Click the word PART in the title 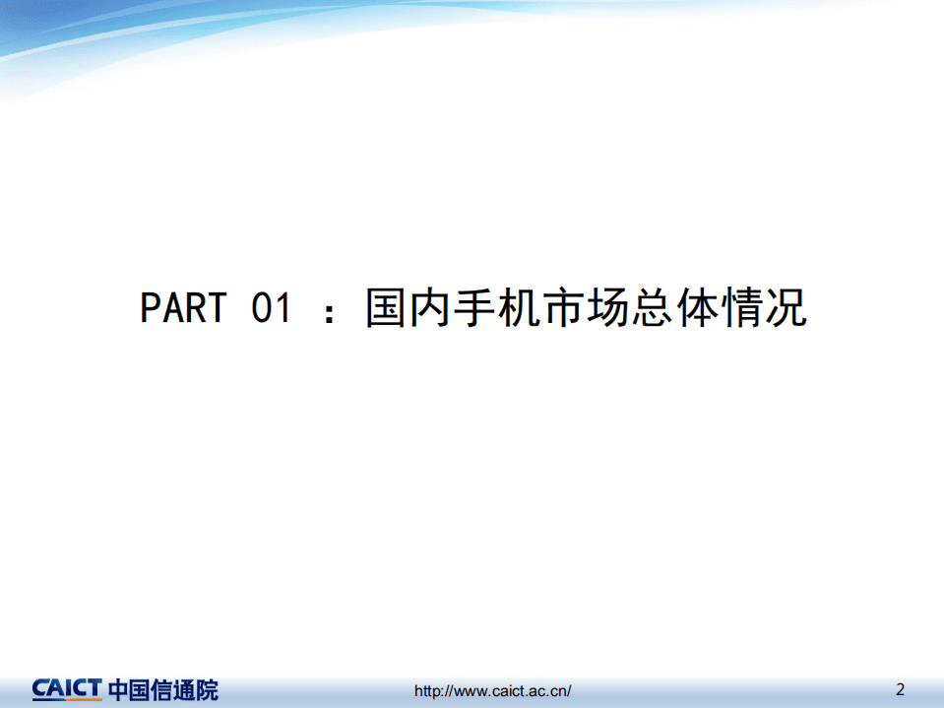click(183, 308)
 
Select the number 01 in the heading click(272, 308)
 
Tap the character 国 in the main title click(387, 308)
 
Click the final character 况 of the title click(785, 308)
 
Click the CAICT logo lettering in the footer click(67, 688)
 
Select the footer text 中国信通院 click(163, 689)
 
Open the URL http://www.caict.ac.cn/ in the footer click(492, 691)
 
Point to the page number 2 click(900, 688)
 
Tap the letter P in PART click(150, 308)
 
